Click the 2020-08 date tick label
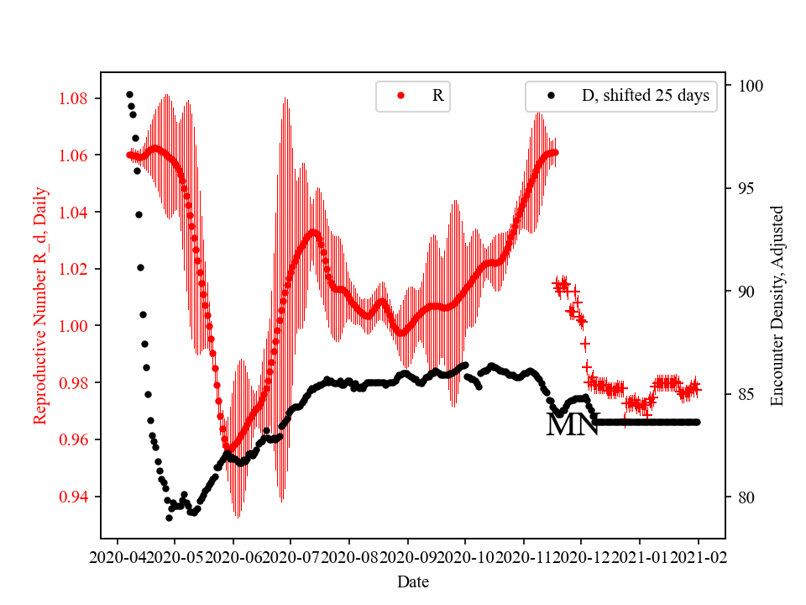tap(349, 555)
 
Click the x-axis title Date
tap(412, 581)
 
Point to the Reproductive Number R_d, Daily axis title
tap(39, 305)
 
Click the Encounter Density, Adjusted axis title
tap(777, 305)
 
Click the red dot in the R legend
tap(400, 96)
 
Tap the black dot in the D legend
tap(551, 96)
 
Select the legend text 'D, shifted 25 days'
tap(645, 96)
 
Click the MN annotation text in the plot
tap(572, 425)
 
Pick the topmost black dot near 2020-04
tap(129, 94)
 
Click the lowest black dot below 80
tap(169, 518)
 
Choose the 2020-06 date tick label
tap(233, 555)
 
